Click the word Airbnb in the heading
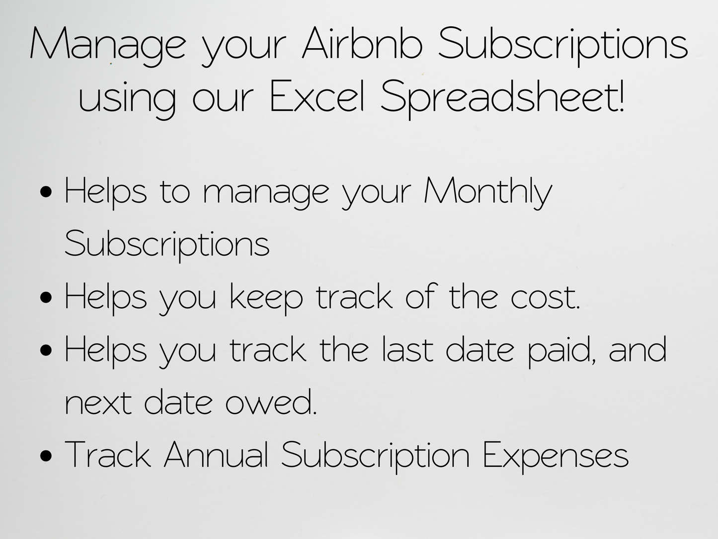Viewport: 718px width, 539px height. pyautogui.click(x=362, y=44)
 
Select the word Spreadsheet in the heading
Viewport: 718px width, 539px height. pyautogui.click(x=497, y=97)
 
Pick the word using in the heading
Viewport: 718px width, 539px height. pyautogui.click(x=127, y=98)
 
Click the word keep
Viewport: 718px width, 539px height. pyautogui.click(x=266, y=298)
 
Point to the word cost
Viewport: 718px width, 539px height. pyautogui.click(x=545, y=298)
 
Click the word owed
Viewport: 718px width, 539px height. pyautogui.click(x=271, y=402)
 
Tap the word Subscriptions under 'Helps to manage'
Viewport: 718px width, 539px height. pyautogui.click(x=167, y=245)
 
